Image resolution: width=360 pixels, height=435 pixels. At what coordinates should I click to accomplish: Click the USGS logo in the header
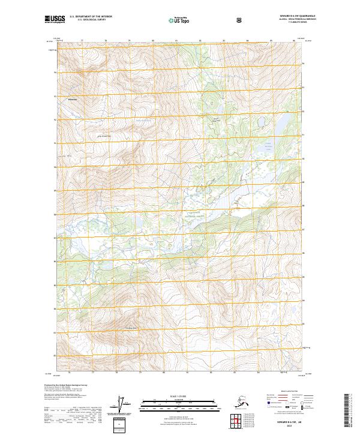tap(55, 20)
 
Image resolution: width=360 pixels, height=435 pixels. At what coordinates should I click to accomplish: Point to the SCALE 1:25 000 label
tap(179, 396)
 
